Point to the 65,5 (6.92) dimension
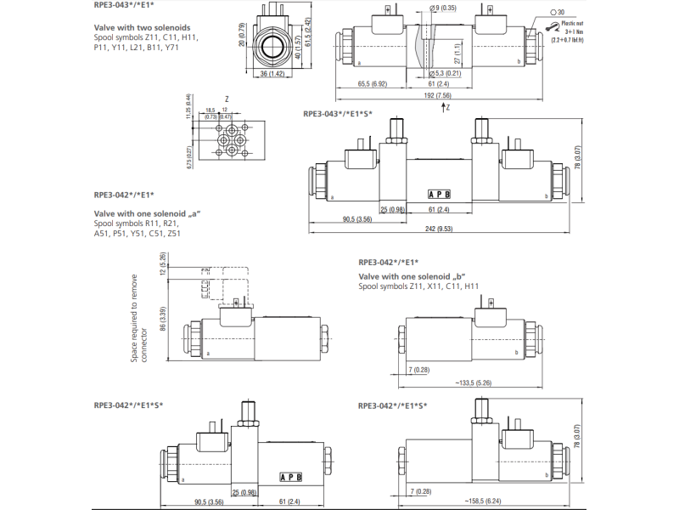coord(373,83)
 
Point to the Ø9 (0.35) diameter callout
coord(442,8)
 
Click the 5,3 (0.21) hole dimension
coord(442,74)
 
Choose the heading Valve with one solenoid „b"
coord(412,275)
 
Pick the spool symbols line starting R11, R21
coord(137,223)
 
